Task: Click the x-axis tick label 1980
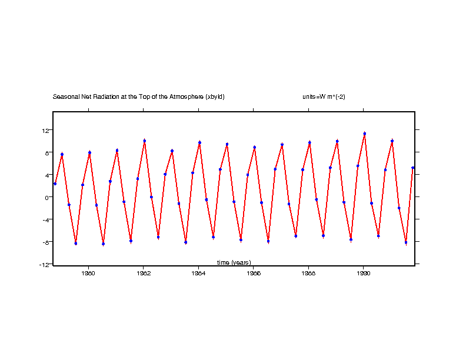pyautogui.click(x=89, y=273)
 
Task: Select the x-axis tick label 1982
pyautogui.click(x=144, y=273)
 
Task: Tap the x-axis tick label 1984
pyautogui.click(x=199, y=273)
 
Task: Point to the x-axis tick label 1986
pyautogui.click(x=254, y=273)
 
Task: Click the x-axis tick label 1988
pyautogui.click(x=309, y=273)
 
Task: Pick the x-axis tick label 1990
pyautogui.click(x=364, y=273)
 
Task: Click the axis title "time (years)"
pyautogui.click(x=234, y=262)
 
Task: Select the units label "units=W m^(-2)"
pyautogui.click(x=319, y=96)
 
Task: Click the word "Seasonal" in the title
pyautogui.click(x=65, y=96)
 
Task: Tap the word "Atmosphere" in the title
pyautogui.click(x=182, y=96)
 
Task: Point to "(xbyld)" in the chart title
pyautogui.click(x=215, y=96)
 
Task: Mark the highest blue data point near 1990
pyautogui.click(x=364, y=134)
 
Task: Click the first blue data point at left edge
pyautogui.click(x=55, y=184)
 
